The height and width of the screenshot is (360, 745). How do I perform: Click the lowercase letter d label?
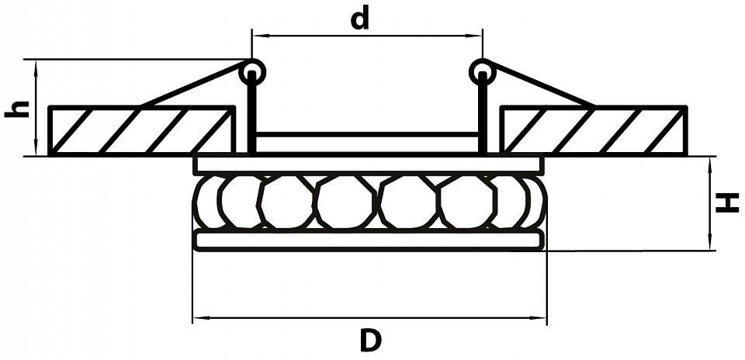click(x=359, y=19)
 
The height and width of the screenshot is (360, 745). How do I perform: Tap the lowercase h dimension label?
click(x=17, y=109)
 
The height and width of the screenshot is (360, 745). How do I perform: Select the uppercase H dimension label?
click(x=727, y=202)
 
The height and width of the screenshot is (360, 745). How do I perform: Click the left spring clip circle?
click(x=252, y=72)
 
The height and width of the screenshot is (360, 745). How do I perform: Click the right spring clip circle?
click(x=482, y=72)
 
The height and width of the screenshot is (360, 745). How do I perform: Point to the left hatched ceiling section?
click(x=141, y=131)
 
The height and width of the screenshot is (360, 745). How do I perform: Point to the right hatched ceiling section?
click(x=594, y=131)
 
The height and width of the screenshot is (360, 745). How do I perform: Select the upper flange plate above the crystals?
click(x=369, y=164)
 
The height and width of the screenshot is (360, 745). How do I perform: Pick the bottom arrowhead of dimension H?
click(x=709, y=242)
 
